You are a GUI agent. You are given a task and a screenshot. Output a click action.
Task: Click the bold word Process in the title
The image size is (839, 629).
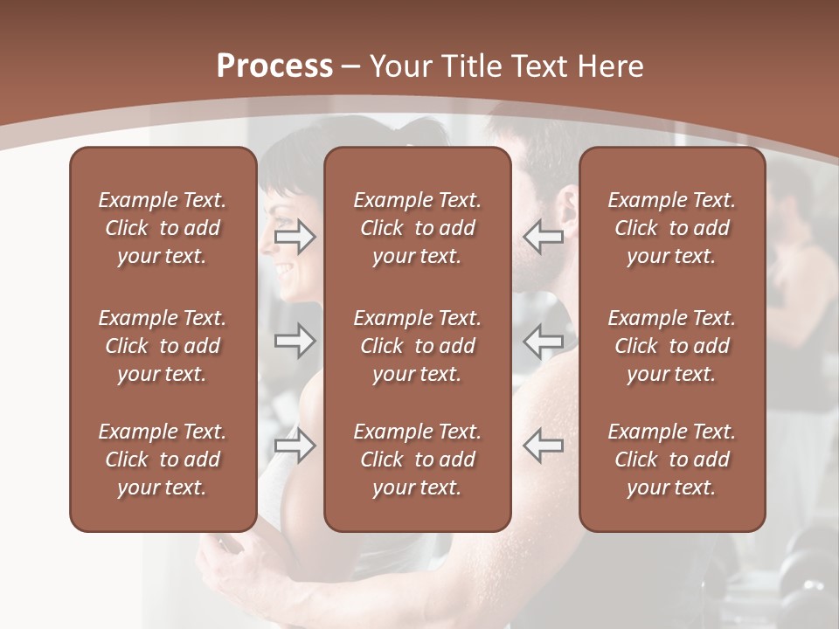[274, 66]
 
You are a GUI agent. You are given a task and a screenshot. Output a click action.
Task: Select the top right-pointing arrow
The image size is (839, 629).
[295, 237]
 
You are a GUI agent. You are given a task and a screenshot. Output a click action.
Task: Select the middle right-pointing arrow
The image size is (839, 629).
[295, 342]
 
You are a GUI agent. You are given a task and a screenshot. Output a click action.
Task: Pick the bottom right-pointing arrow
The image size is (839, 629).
[295, 446]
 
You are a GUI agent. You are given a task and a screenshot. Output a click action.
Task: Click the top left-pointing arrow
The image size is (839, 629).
[544, 237]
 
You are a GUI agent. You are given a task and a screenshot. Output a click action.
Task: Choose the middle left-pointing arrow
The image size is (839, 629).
[544, 342]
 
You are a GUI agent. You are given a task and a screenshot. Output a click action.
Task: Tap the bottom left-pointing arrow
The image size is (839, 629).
[544, 446]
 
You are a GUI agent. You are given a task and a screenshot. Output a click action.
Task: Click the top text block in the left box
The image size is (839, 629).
[163, 228]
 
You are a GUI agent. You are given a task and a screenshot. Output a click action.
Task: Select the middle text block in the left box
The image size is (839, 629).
[163, 346]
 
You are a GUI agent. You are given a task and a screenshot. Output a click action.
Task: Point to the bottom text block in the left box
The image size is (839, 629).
[163, 460]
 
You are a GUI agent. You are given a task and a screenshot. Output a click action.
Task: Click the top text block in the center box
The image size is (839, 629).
[418, 228]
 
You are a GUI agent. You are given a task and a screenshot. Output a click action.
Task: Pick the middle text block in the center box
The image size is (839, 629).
[418, 346]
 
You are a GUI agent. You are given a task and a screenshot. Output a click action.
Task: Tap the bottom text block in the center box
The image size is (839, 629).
[418, 460]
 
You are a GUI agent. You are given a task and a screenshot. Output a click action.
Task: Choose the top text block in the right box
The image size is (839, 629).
[672, 228]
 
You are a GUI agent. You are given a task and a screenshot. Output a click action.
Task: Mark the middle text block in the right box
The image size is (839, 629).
[672, 346]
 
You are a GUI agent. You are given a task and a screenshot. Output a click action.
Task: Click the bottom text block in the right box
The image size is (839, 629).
[672, 460]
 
